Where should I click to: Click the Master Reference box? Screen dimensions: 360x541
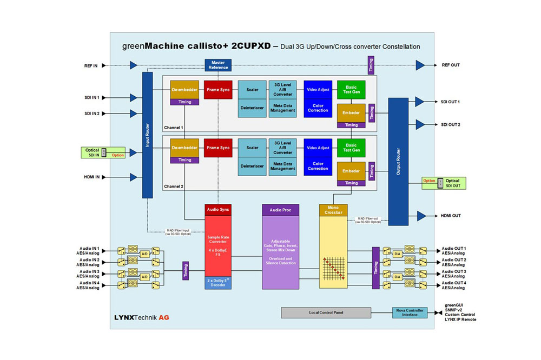point(218,65)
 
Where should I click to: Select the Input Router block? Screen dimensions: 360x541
point(148,135)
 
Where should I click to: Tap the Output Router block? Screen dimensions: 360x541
point(398,161)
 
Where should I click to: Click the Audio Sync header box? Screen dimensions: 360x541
point(218,209)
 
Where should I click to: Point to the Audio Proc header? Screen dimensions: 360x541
point(280,209)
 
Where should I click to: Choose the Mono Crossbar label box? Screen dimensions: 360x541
point(333,210)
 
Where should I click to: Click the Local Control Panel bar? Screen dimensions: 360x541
point(326,312)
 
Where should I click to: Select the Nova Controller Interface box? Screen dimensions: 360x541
point(408,312)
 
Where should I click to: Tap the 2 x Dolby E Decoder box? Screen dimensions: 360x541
point(218,282)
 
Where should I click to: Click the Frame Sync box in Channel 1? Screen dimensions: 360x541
point(218,89)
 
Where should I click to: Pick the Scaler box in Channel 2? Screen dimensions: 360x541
point(252,148)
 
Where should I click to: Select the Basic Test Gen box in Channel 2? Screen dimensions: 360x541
point(351,148)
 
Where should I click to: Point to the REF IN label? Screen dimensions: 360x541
point(91,65)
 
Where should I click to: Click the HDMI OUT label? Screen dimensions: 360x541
point(451,216)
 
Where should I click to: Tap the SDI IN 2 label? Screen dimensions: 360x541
point(91,114)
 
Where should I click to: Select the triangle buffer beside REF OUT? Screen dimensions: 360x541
point(420,65)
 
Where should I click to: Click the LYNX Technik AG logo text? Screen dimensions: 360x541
point(142,317)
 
